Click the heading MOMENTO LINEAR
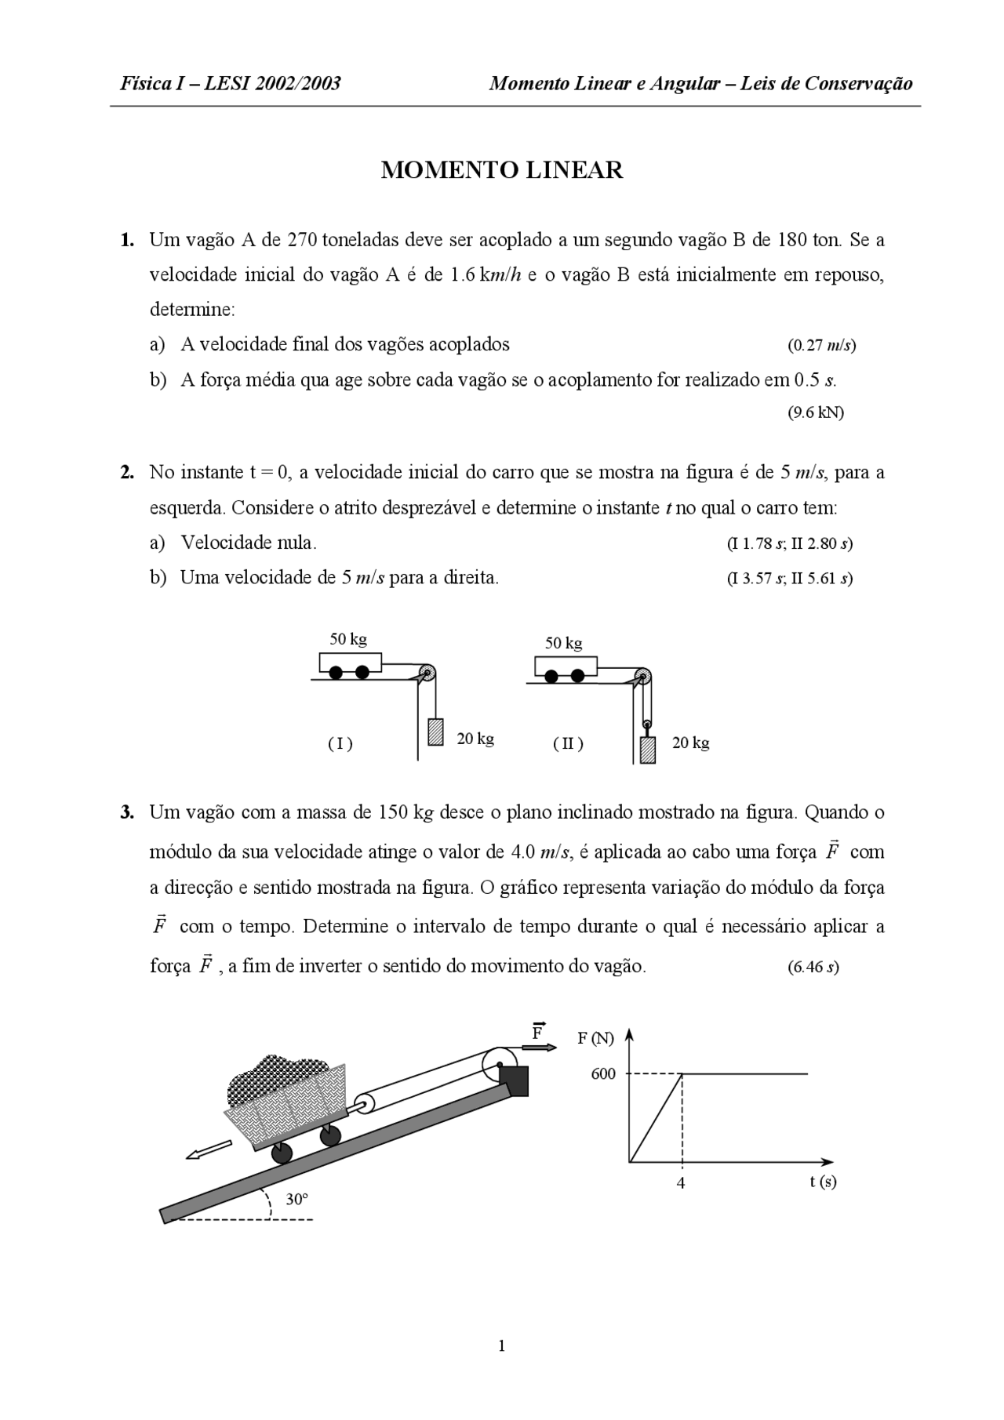pyautogui.click(x=502, y=170)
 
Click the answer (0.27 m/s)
pyautogui.click(x=821, y=345)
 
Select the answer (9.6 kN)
pyautogui.click(x=816, y=412)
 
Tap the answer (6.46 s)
pyautogui.click(x=813, y=967)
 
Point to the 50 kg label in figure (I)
pyautogui.click(x=348, y=639)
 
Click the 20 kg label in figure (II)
pyautogui.click(x=690, y=743)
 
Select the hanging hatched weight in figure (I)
pyautogui.click(x=435, y=731)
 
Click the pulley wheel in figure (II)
pyautogui.click(x=642, y=675)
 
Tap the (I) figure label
pyautogui.click(x=340, y=743)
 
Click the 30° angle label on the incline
pyautogui.click(x=296, y=1199)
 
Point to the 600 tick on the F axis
pyautogui.click(x=603, y=1074)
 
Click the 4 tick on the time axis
pyautogui.click(x=681, y=1183)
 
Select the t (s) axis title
pyautogui.click(x=823, y=1181)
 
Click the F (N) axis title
pyautogui.click(x=596, y=1038)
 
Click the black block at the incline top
pyautogui.click(x=515, y=1080)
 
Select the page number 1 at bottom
pyautogui.click(x=502, y=1346)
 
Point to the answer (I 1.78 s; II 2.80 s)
pyautogui.click(x=790, y=543)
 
